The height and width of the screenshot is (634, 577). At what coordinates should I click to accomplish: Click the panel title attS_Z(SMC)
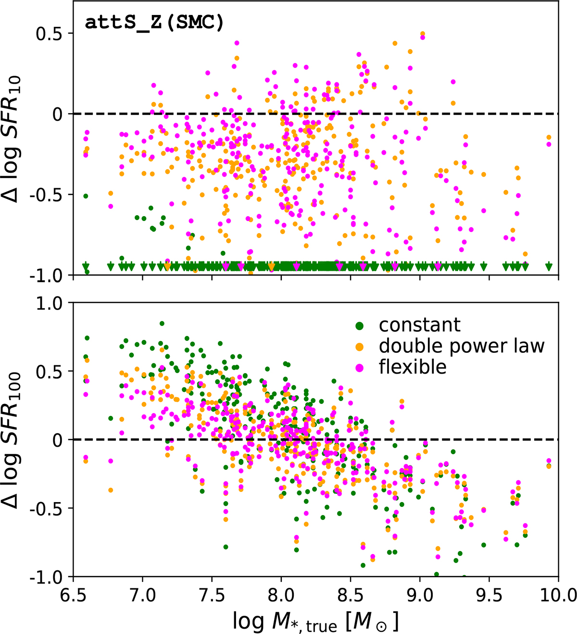point(154,23)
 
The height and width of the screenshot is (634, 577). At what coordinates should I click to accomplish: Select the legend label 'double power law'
point(462,346)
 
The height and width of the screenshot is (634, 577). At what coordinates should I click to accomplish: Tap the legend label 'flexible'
point(413,367)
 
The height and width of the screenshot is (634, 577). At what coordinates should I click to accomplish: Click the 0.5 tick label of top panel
point(50,33)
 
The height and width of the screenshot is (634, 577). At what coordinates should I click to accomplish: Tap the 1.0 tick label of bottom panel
point(50,303)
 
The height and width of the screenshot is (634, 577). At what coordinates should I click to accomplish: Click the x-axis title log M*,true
point(315,618)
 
